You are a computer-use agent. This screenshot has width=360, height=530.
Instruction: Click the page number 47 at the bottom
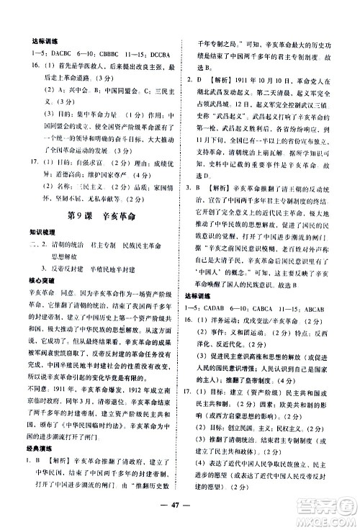click(x=180, y=504)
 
